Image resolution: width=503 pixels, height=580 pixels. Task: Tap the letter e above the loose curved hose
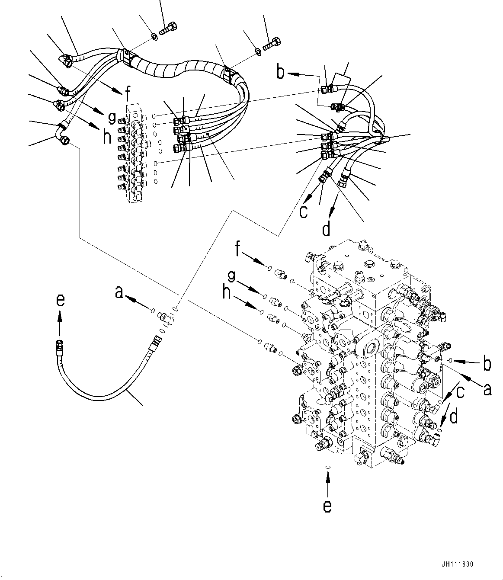pyautogui.click(x=61, y=300)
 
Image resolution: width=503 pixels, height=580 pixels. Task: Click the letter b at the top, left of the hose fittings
pyautogui.click(x=281, y=73)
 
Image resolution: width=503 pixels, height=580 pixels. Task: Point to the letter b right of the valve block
pyautogui.click(x=487, y=364)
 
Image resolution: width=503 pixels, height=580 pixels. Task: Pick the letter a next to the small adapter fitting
pyautogui.click(x=119, y=294)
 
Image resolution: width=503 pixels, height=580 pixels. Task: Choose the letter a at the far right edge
pyautogui.click(x=487, y=390)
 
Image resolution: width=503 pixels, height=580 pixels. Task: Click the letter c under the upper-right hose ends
pyautogui.click(x=304, y=211)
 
